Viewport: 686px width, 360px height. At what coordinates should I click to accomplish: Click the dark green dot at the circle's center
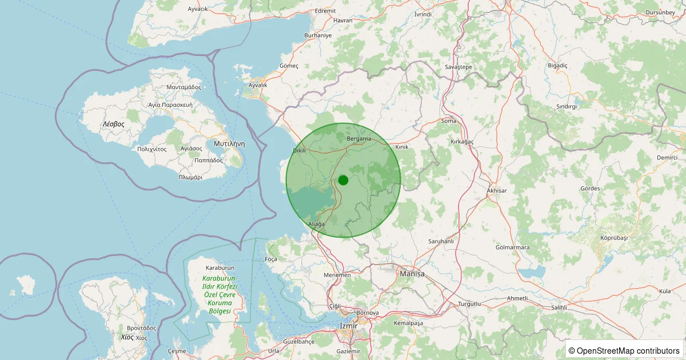tap(343, 180)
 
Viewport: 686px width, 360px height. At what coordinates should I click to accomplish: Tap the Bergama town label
tap(359, 139)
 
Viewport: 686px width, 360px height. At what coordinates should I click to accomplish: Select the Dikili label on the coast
tap(300, 151)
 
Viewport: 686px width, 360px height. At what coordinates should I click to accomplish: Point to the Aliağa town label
tap(316, 224)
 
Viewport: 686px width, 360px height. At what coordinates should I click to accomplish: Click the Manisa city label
tap(412, 274)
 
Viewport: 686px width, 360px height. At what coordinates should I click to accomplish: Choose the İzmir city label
tap(348, 326)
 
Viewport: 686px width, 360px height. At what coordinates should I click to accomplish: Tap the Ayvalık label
tap(258, 85)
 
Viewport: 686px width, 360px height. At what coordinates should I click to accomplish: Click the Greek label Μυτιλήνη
tap(229, 144)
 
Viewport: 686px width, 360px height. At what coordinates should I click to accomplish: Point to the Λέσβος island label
tap(113, 124)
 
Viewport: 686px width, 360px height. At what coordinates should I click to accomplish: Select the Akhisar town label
tap(496, 190)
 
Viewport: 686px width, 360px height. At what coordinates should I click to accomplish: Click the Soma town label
tap(449, 121)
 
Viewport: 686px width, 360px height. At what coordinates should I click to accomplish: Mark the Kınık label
tap(402, 147)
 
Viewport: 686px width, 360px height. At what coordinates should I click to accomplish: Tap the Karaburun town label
tap(220, 267)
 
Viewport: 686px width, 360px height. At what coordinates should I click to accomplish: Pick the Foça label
tap(271, 259)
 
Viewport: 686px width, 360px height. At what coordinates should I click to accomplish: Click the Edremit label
tap(325, 11)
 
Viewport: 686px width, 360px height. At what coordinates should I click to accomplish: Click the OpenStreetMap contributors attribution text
tap(625, 350)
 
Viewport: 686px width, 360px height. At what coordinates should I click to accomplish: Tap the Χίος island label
tap(127, 337)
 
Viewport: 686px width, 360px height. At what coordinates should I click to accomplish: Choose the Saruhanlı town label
tap(441, 242)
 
